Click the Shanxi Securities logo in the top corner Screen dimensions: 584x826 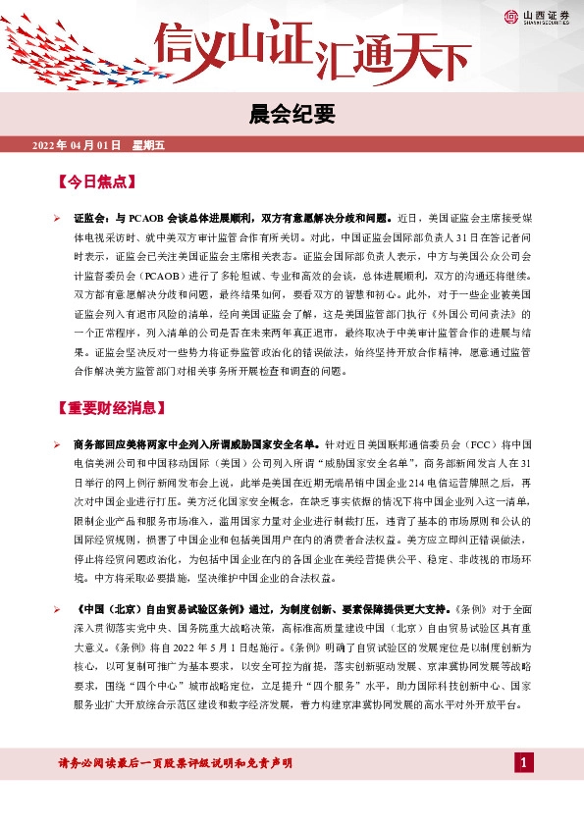pos(540,16)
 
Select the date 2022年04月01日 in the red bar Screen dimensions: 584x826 pos(77,145)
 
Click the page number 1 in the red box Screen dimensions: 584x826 pos(525,762)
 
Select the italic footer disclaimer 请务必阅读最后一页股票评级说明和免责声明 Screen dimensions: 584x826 pos(177,762)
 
